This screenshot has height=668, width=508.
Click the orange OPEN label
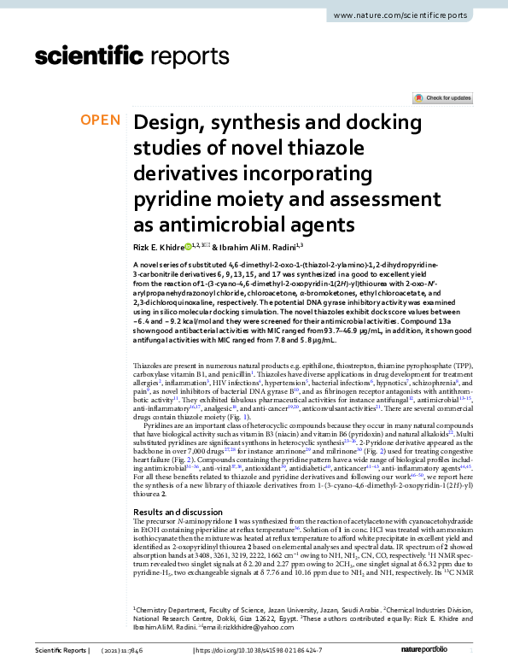click(100, 120)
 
